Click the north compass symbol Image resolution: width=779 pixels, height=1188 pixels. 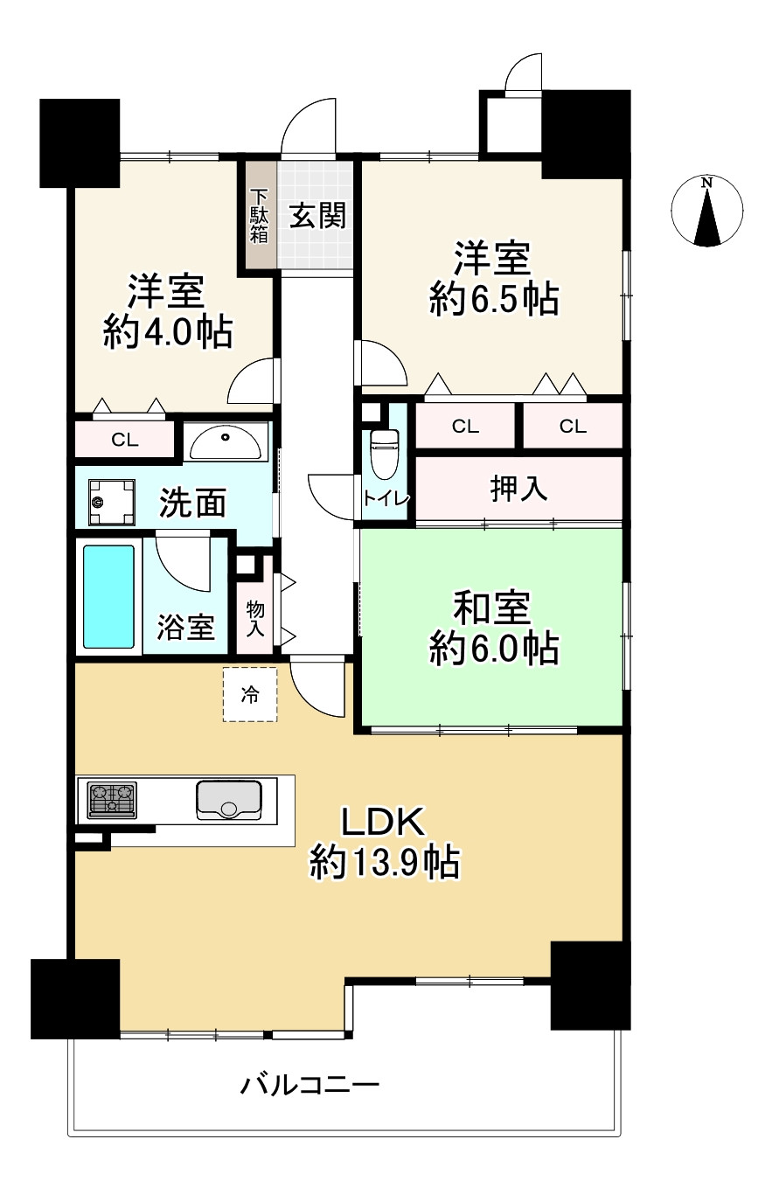point(706,212)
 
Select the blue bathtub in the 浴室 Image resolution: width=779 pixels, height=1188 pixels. point(108,597)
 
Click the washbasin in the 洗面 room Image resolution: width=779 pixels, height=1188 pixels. point(226,441)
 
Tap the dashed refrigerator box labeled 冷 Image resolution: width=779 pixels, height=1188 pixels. point(250,695)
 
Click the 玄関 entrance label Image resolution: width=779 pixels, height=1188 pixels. point(316,214)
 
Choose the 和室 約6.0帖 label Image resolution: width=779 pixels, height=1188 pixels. point(493,627)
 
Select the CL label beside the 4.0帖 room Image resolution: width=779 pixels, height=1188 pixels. point(124,440)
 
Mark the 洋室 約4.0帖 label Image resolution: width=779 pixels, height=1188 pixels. point(167,311)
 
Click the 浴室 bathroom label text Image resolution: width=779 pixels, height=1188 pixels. point(185,627)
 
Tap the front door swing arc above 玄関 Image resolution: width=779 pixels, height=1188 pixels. point(311,125)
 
